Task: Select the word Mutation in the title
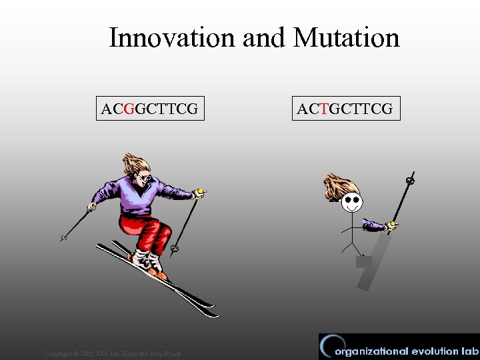tap(346, 38)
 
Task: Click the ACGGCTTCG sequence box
tap(149, 109)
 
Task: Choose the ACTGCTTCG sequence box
tap(345, 109)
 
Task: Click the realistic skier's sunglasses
tap(143, 178)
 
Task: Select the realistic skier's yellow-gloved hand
tap(199, 194)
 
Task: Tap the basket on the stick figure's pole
tap(411, 180)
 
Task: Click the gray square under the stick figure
tap(363, 262)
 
